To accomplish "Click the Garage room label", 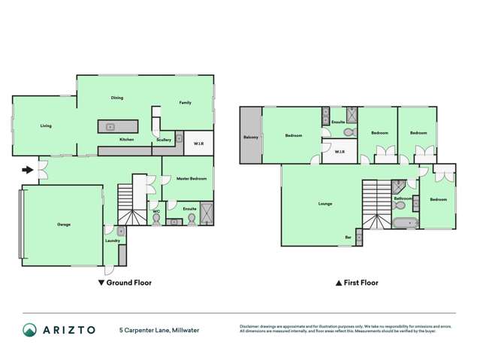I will point(64,224).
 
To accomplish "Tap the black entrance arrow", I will point(28,170).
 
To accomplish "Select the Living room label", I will point(46,126).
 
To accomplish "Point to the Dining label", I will point(117,98).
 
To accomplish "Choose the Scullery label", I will point(163,140).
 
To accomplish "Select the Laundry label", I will point(113,241).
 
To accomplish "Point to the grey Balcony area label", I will point(251,137).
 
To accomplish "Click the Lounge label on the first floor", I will point(325,204).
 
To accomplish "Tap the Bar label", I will point(348,237).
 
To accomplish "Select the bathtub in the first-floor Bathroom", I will point(404,223).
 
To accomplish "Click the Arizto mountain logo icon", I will point(30,330).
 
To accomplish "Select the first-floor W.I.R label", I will point(339,152).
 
